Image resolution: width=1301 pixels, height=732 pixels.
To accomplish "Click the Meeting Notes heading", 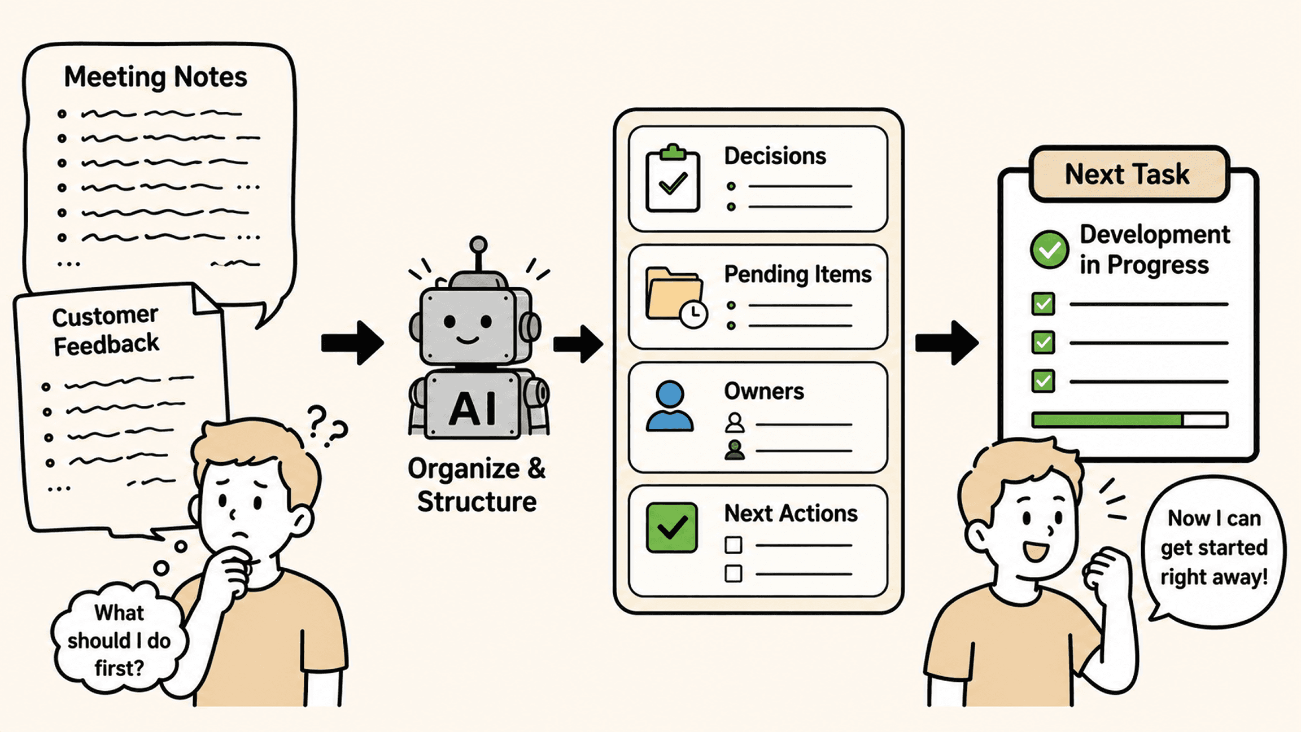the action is point(155,77).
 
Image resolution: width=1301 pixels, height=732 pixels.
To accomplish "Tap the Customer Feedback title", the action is point(106,331).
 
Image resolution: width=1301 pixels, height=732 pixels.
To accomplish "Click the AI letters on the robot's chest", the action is point(473,408).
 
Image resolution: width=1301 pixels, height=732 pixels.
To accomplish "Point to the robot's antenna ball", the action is point(478,244).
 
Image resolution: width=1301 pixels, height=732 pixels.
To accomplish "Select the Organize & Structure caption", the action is point(477,485).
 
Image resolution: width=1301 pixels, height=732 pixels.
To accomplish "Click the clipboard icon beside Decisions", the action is point(673,178).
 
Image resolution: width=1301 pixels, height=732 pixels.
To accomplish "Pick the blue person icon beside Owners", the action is point(670,406).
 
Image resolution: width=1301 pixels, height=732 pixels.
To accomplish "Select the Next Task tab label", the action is point(1127,174).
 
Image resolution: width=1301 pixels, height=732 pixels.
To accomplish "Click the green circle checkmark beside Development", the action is point(1049,249).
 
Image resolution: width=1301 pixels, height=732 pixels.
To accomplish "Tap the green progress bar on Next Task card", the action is point(1107,420).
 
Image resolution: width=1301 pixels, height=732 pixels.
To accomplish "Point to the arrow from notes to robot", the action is point(352,343).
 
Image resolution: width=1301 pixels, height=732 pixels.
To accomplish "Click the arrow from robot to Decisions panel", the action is point(578,343).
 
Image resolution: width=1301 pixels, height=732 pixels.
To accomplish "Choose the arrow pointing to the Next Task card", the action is point(947,343).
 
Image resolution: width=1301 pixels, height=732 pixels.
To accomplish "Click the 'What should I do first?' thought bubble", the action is point(119,639).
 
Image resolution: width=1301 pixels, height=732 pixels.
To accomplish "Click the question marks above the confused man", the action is point(327,426).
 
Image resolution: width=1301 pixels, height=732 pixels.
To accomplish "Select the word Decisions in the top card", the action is point(775,156).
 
